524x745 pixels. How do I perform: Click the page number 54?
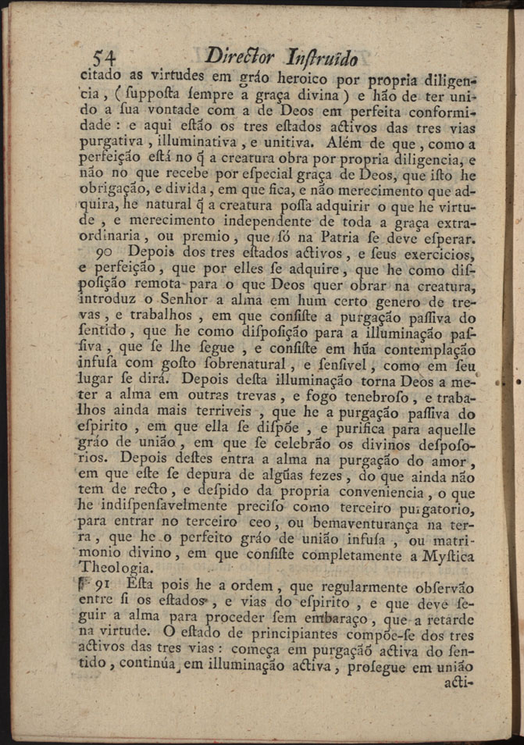pyautogui.click(x=105, y=58)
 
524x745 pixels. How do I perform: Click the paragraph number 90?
pyautogui.click(x=102, y=253)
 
